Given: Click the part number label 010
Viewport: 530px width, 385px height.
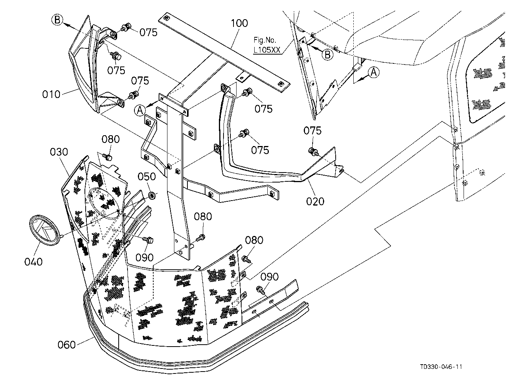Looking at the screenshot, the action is click(51, 95).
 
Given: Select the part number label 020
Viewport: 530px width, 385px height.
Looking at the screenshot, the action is click(315, 201).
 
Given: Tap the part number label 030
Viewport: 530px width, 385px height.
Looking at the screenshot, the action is click(59, 152).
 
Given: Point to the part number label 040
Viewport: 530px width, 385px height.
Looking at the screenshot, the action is click(33, 262).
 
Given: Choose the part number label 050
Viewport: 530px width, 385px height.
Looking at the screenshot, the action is click(147, 177).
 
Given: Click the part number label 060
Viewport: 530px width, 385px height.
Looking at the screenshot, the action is click(67, 345).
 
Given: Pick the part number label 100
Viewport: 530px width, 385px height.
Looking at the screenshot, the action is click(239, 23).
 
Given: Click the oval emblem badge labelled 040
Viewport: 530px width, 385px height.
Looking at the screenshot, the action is click(45, 231).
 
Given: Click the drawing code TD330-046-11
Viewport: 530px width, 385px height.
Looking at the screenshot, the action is click(441, 367).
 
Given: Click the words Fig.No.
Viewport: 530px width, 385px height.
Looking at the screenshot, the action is click(265, 40).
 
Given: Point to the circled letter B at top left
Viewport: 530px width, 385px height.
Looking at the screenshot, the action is click(57, 20).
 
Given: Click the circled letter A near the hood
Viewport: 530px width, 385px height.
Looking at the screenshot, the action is click(374, 72).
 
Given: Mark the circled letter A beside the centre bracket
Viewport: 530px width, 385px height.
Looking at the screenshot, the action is click(140, 110).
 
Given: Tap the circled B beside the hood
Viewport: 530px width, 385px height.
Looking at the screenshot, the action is click(328, 55).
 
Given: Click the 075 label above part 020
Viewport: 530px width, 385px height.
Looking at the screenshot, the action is click(313, 131).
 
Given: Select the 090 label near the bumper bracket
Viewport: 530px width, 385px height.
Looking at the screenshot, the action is click(270, 277).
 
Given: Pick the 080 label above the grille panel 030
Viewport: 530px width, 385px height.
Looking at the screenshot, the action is click(111, 139).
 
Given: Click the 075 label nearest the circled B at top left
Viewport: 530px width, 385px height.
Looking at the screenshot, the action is click(148, 33).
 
